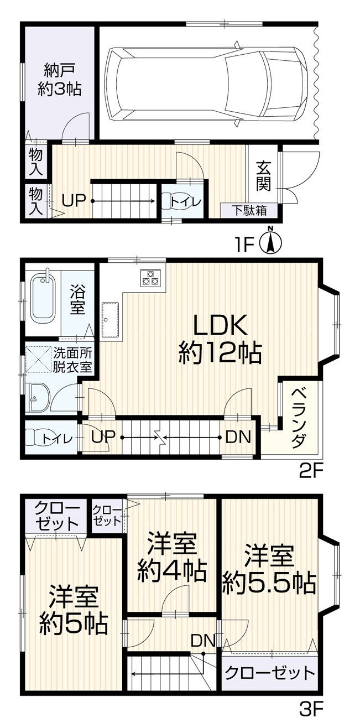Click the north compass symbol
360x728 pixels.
pyautogui.click(x=271, y=242)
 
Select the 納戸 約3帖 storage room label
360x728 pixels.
pyautogui.click(x=59, y=80)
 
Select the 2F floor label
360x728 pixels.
pyautogui.click(x=310, y=471)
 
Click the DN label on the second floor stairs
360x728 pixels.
pyautogui.click(x=238, y=437)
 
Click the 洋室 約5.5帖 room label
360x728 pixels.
pyautogui.click(x=269, y=570)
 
